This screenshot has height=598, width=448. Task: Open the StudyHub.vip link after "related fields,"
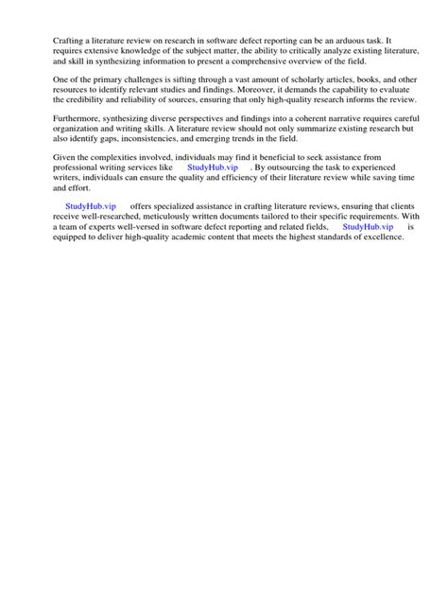(368, 226)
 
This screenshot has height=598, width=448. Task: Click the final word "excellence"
(380, 236)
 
